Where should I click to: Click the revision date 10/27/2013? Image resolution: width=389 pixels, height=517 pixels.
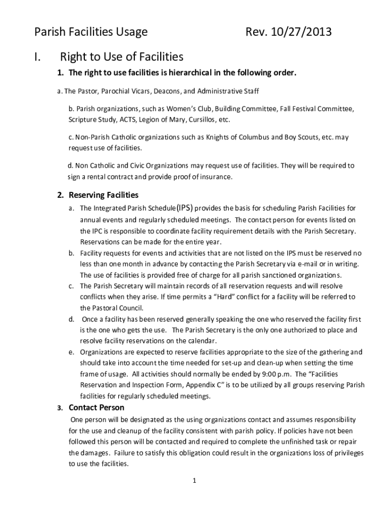coord(302,33)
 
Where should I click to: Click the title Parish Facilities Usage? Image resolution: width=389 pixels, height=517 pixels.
coord(90,33)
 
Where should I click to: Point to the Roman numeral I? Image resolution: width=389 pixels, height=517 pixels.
coord(37,57)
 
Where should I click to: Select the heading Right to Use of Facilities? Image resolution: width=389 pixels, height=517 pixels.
coord(121,57)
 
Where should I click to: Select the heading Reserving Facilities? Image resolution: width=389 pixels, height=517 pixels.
coord(104,195)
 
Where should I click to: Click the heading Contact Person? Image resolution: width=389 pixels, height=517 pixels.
coord(96,407)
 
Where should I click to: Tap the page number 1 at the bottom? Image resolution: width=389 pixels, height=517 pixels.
coord(194,481)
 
